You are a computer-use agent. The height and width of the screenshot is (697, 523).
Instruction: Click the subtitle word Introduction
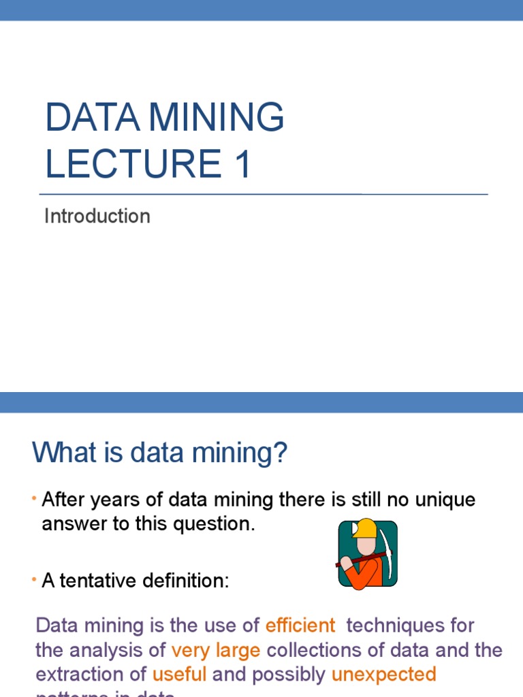[97, 216]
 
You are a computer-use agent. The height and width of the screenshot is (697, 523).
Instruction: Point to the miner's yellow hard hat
[365, 529]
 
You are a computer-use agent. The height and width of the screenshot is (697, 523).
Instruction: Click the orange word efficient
[300, 625]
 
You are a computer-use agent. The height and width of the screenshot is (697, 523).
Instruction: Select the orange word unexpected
[383, 674]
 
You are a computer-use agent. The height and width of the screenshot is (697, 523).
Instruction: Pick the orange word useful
[179, 674]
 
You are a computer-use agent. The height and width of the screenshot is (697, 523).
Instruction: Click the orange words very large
[216, 649]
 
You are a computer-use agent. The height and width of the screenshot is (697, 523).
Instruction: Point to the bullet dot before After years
[33, 500]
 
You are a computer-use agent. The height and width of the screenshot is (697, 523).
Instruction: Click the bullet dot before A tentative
[33, 581]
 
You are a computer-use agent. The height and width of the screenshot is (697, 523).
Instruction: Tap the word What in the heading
[65, 453]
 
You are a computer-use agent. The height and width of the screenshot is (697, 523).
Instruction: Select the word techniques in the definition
[394, 625]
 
